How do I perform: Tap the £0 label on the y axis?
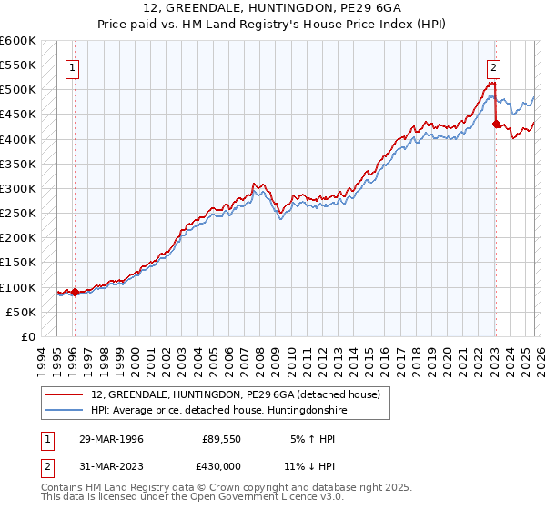pos(27,337)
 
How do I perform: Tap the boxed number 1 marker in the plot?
pos(72,66)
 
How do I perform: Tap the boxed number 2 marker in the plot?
pos(492,66)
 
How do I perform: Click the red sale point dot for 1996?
pos(75,293)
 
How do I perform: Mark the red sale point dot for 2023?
pos(496,125)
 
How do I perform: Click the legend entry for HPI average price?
pos(219,411)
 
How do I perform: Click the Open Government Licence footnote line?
pos(193,498)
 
